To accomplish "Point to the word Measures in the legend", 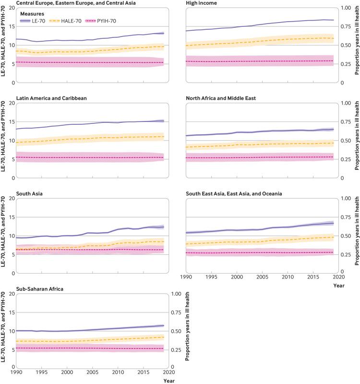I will [x=31, y=13].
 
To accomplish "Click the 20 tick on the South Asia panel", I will [x=12, y=198].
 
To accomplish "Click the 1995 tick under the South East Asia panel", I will [x=211, y=277].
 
